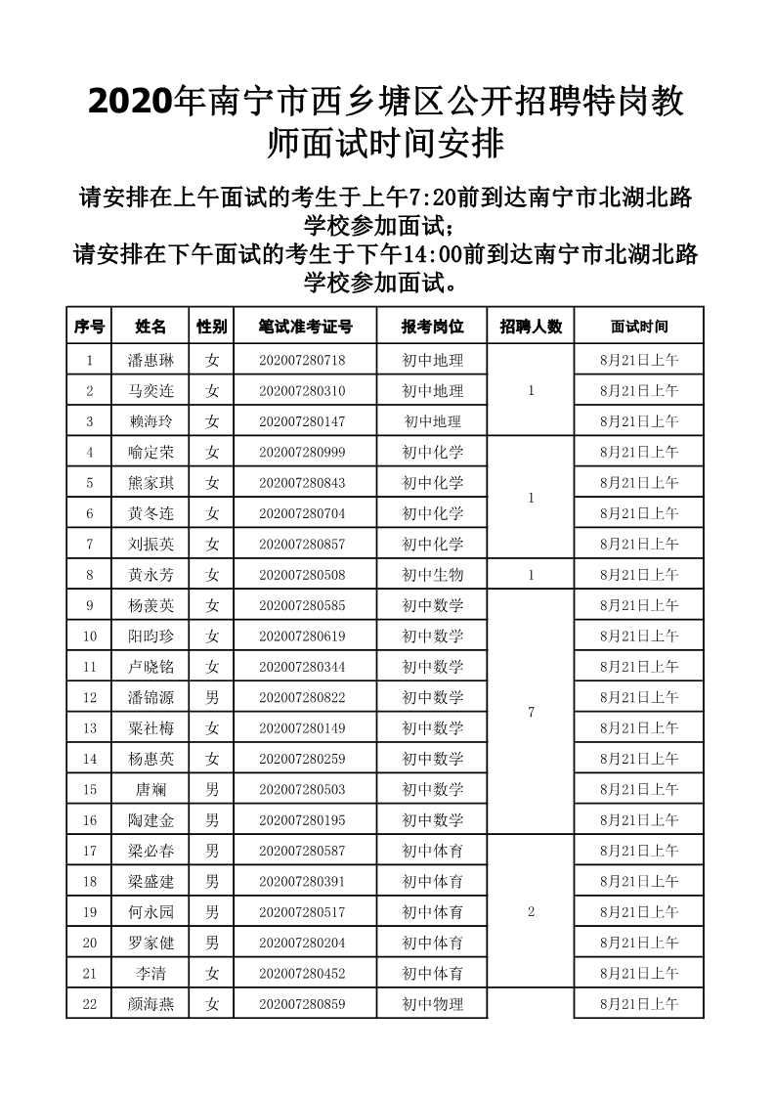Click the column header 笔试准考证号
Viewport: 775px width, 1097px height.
click(x=305, y=327)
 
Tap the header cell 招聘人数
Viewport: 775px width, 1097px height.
click(x=531, y=327)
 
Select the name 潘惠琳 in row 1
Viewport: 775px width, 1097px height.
click(x=151, y=360)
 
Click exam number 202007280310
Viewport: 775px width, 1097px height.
click(x=302, y=391)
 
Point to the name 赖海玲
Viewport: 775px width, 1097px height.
click(x=151, y=421)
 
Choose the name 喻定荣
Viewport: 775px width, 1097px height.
click(x=151, y=453)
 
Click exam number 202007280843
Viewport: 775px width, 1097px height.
click(x=302, y=483)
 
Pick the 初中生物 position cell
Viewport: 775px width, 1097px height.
click(x=432, y=575)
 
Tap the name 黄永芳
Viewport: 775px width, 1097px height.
click(x=151, y=575)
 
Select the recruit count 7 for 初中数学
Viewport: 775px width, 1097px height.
click(x=531, y=713)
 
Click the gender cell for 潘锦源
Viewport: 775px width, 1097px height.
click(x=212, y=698)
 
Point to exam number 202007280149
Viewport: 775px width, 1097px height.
click(x=302, y=728)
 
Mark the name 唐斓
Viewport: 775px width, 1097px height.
click(x=151, y=789)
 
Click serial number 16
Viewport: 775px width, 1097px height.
click(x=90, y=820)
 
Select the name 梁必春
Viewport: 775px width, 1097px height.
click(x=151, y=851)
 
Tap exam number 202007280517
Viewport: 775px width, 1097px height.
click(x=302, y=912)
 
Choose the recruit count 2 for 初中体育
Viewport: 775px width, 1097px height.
click(x=531, y=912)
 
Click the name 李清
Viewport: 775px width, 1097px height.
click(x=151, y=973)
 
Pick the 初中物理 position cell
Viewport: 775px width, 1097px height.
click(x=432, y=1004)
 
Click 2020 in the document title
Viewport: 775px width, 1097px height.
click(x=129, y=100)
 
